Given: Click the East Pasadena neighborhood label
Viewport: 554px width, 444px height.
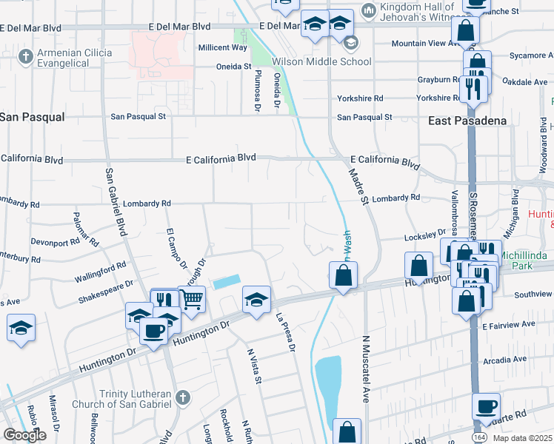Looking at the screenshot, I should (470, 121).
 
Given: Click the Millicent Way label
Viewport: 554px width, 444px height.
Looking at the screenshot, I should (223, 47).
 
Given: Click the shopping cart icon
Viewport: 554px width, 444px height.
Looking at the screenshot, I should (191, 300).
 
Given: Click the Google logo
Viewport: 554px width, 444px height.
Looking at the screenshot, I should (24, 435).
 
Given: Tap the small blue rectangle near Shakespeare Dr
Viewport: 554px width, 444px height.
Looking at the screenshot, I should (226, 282).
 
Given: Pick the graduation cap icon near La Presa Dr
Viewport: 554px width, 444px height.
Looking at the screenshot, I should (256, 300).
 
